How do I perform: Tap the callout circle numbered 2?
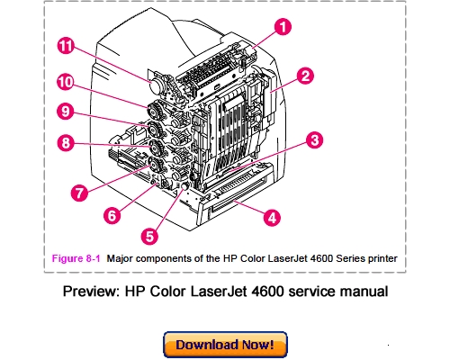[305, 77]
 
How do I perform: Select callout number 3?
[313, 140]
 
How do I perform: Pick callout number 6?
[112, 216]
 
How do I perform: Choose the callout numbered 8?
[65, 141]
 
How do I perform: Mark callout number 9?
[65, 112]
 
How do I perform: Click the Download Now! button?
[225, 345]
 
